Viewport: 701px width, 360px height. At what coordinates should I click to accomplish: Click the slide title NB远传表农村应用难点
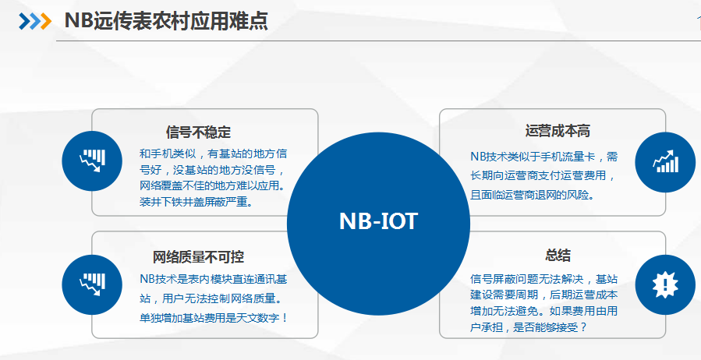click(166, 20)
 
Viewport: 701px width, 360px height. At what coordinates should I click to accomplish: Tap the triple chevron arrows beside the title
click(35, 21)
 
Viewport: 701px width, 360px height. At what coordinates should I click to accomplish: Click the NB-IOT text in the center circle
click(378, 221)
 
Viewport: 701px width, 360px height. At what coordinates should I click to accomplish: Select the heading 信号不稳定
click(198, 132)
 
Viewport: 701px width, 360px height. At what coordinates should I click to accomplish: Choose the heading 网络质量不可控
click(198, 257)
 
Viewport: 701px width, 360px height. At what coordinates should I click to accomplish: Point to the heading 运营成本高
click(558, 131)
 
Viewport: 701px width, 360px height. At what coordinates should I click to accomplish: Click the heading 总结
click(558, 255)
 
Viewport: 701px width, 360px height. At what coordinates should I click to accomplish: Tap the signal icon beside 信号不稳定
click(92, 161)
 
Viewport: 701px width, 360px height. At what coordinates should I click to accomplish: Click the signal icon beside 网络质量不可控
click(92, 284)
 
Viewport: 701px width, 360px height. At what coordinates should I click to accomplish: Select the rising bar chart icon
click(665, 162)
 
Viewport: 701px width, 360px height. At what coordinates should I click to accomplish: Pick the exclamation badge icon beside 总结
click(665, 284)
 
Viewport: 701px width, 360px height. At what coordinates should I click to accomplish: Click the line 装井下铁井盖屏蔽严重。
click(196, 202)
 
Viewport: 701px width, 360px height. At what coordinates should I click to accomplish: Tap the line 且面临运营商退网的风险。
click(532, 195)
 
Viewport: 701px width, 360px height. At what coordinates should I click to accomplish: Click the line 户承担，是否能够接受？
click(529, 327)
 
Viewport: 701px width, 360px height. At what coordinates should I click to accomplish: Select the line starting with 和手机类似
click(213, 154)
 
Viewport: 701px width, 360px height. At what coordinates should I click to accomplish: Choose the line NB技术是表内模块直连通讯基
click(213, 280)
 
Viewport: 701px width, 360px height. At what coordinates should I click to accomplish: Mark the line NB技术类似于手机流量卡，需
click(544, 157)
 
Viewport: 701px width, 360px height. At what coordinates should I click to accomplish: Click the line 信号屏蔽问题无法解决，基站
click(544, 280)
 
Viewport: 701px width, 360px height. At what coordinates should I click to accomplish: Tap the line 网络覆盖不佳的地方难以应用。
click(213, 185)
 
